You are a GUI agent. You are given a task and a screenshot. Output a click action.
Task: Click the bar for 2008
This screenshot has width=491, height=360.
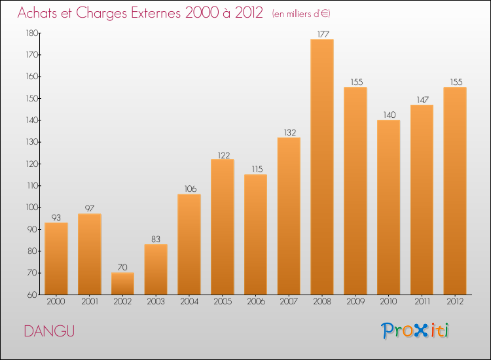322,167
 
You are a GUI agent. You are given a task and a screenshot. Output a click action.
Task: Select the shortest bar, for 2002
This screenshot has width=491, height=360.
122,283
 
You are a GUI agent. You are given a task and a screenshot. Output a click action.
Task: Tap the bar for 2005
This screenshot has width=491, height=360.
223,227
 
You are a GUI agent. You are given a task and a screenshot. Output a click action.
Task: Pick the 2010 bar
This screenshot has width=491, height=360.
388,207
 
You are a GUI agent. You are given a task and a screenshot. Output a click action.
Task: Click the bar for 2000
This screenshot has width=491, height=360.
56,259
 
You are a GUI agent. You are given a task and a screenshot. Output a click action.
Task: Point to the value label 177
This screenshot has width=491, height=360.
322,34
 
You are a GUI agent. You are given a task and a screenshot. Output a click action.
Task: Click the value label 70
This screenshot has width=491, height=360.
122,267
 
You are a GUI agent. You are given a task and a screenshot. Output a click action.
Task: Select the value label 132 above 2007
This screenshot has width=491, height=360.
289,132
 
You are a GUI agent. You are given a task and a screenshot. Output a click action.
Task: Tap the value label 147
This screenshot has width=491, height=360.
422,99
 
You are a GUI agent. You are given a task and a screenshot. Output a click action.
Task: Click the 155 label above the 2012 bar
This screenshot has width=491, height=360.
455,82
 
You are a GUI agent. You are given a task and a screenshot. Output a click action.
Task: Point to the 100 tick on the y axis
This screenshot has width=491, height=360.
31,207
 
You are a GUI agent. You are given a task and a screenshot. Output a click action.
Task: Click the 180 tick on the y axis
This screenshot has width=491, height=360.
31,33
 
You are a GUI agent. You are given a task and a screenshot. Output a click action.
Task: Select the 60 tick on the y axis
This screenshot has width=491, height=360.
32,295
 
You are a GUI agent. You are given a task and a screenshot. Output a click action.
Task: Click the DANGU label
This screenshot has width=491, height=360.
49,331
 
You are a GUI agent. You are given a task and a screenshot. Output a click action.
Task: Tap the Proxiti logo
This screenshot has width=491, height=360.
416,331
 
